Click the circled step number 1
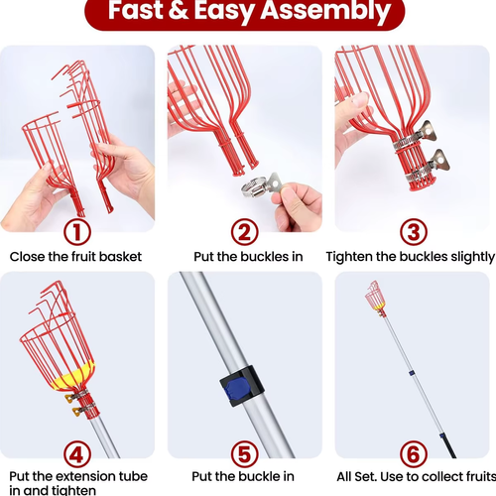[76, 232]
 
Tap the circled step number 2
[245, 232]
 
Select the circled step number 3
[414, 232]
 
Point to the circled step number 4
[76, 454]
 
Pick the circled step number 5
[245, 454]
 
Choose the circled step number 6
[414, 454]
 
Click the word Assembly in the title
[326, 11]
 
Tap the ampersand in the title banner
[179, 11]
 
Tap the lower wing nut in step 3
[436, 161]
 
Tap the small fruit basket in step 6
[376, 297]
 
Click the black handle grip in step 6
[448, 445]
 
